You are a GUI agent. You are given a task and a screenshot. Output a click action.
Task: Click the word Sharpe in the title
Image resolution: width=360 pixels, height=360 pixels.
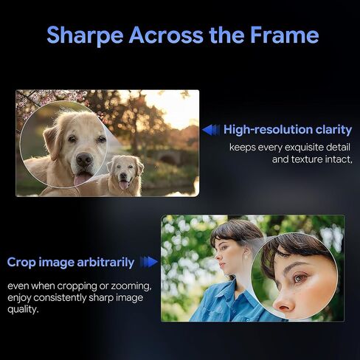coord(85,35)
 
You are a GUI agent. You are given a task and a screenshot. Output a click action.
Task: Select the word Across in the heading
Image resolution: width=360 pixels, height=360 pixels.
coord(166,35)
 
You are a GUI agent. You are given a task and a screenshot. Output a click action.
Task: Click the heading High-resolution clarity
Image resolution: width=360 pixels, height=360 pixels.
coord(288,130)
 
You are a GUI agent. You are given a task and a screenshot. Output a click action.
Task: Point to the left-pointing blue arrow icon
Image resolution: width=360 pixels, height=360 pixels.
coord(211,130)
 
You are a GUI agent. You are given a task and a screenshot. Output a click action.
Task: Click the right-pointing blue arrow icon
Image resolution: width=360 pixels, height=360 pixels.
coord(148,262)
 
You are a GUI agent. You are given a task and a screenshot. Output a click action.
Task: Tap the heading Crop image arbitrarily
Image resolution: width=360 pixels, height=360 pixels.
coord(71,263)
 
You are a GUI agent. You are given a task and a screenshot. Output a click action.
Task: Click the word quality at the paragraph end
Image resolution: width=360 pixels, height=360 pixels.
coord(23,309)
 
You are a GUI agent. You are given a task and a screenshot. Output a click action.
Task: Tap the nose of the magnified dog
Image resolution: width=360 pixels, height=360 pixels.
coord(84,159)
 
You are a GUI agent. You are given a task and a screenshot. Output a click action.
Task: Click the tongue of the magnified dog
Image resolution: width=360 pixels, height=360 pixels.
coord(82,179)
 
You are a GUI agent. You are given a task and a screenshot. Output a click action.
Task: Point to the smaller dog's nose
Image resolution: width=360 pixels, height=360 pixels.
coord(124,176)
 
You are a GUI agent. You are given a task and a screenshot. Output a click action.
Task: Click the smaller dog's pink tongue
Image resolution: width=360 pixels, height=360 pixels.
coord(123,185)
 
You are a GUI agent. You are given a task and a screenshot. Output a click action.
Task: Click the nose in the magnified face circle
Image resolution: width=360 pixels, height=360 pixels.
coord(283,302)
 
